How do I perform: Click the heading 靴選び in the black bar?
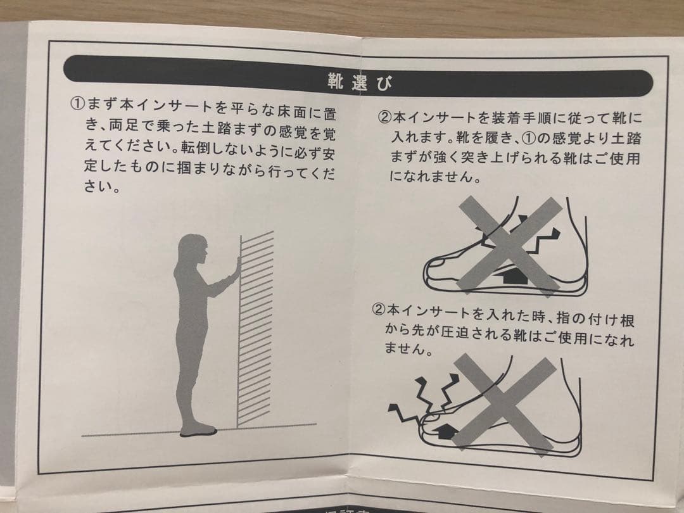(x=360, y=82)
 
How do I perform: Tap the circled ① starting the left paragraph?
(x=77, y=104)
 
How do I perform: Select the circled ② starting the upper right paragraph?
(x=385, y=117)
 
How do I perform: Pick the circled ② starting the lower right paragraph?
(x=378, y=310)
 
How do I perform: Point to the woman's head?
(x=192, y=250)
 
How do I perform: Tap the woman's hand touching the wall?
(x=237, y=265)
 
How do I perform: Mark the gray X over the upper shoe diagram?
(x=509, y=245)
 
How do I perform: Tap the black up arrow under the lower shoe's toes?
(x=444, y=431)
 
